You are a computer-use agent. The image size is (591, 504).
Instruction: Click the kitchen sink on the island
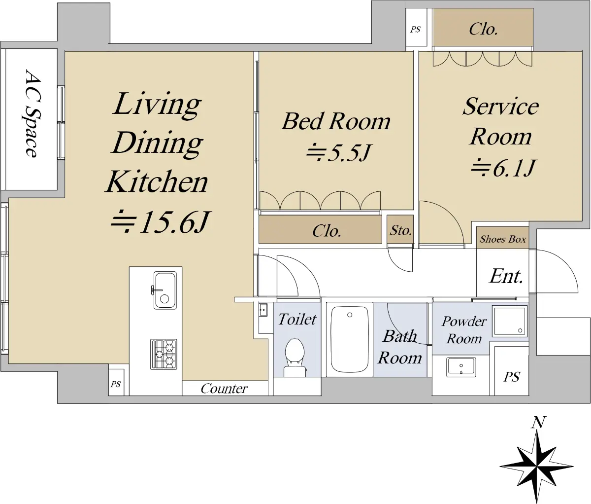pos(165,290)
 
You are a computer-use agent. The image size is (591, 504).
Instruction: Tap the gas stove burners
pos(164,354)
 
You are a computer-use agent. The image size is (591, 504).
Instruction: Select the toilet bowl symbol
pos(295,358)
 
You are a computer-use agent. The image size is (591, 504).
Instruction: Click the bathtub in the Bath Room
pos(349,339)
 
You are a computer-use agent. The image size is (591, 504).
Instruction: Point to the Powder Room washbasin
pos(461,366)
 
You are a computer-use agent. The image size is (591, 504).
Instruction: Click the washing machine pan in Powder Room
pos(510,321)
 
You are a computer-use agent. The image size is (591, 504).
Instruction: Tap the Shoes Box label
pos(503,239)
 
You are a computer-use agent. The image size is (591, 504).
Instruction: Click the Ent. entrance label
pos(506,276)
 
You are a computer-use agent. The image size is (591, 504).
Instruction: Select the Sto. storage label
pos(400,230)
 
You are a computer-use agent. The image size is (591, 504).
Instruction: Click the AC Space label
pos(31,113)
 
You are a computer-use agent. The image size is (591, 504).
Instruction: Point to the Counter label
pos(224,389)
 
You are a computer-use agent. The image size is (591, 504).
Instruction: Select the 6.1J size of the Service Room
pos(503,168)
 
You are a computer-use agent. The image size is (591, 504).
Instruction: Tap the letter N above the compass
pos(538,423)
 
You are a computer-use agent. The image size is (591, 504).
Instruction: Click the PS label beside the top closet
pos(416,30)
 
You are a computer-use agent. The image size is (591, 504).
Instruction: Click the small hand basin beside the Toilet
pos(263,310)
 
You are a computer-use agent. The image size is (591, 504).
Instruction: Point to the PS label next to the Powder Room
pos(512,377)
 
